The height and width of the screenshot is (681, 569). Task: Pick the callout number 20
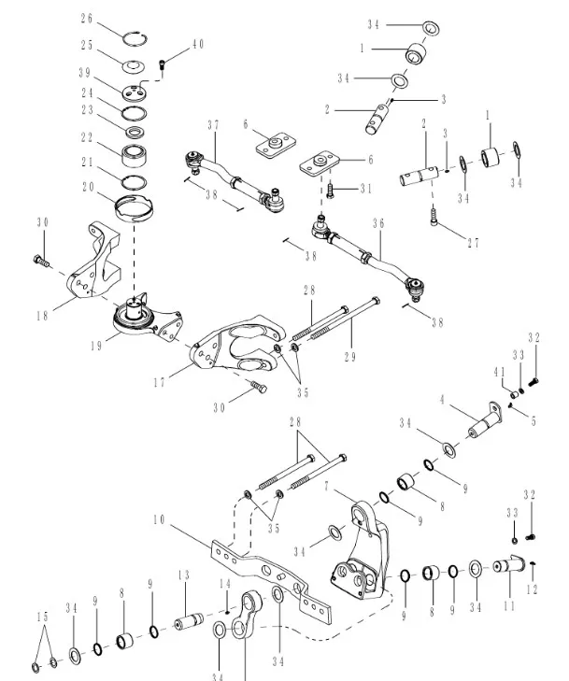87,187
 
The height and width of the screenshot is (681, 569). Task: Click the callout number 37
213,125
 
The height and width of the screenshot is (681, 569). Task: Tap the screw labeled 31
330,190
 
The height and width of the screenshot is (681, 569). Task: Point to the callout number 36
378,224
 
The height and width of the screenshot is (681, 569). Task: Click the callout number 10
160,518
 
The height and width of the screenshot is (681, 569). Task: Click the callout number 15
40,617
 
